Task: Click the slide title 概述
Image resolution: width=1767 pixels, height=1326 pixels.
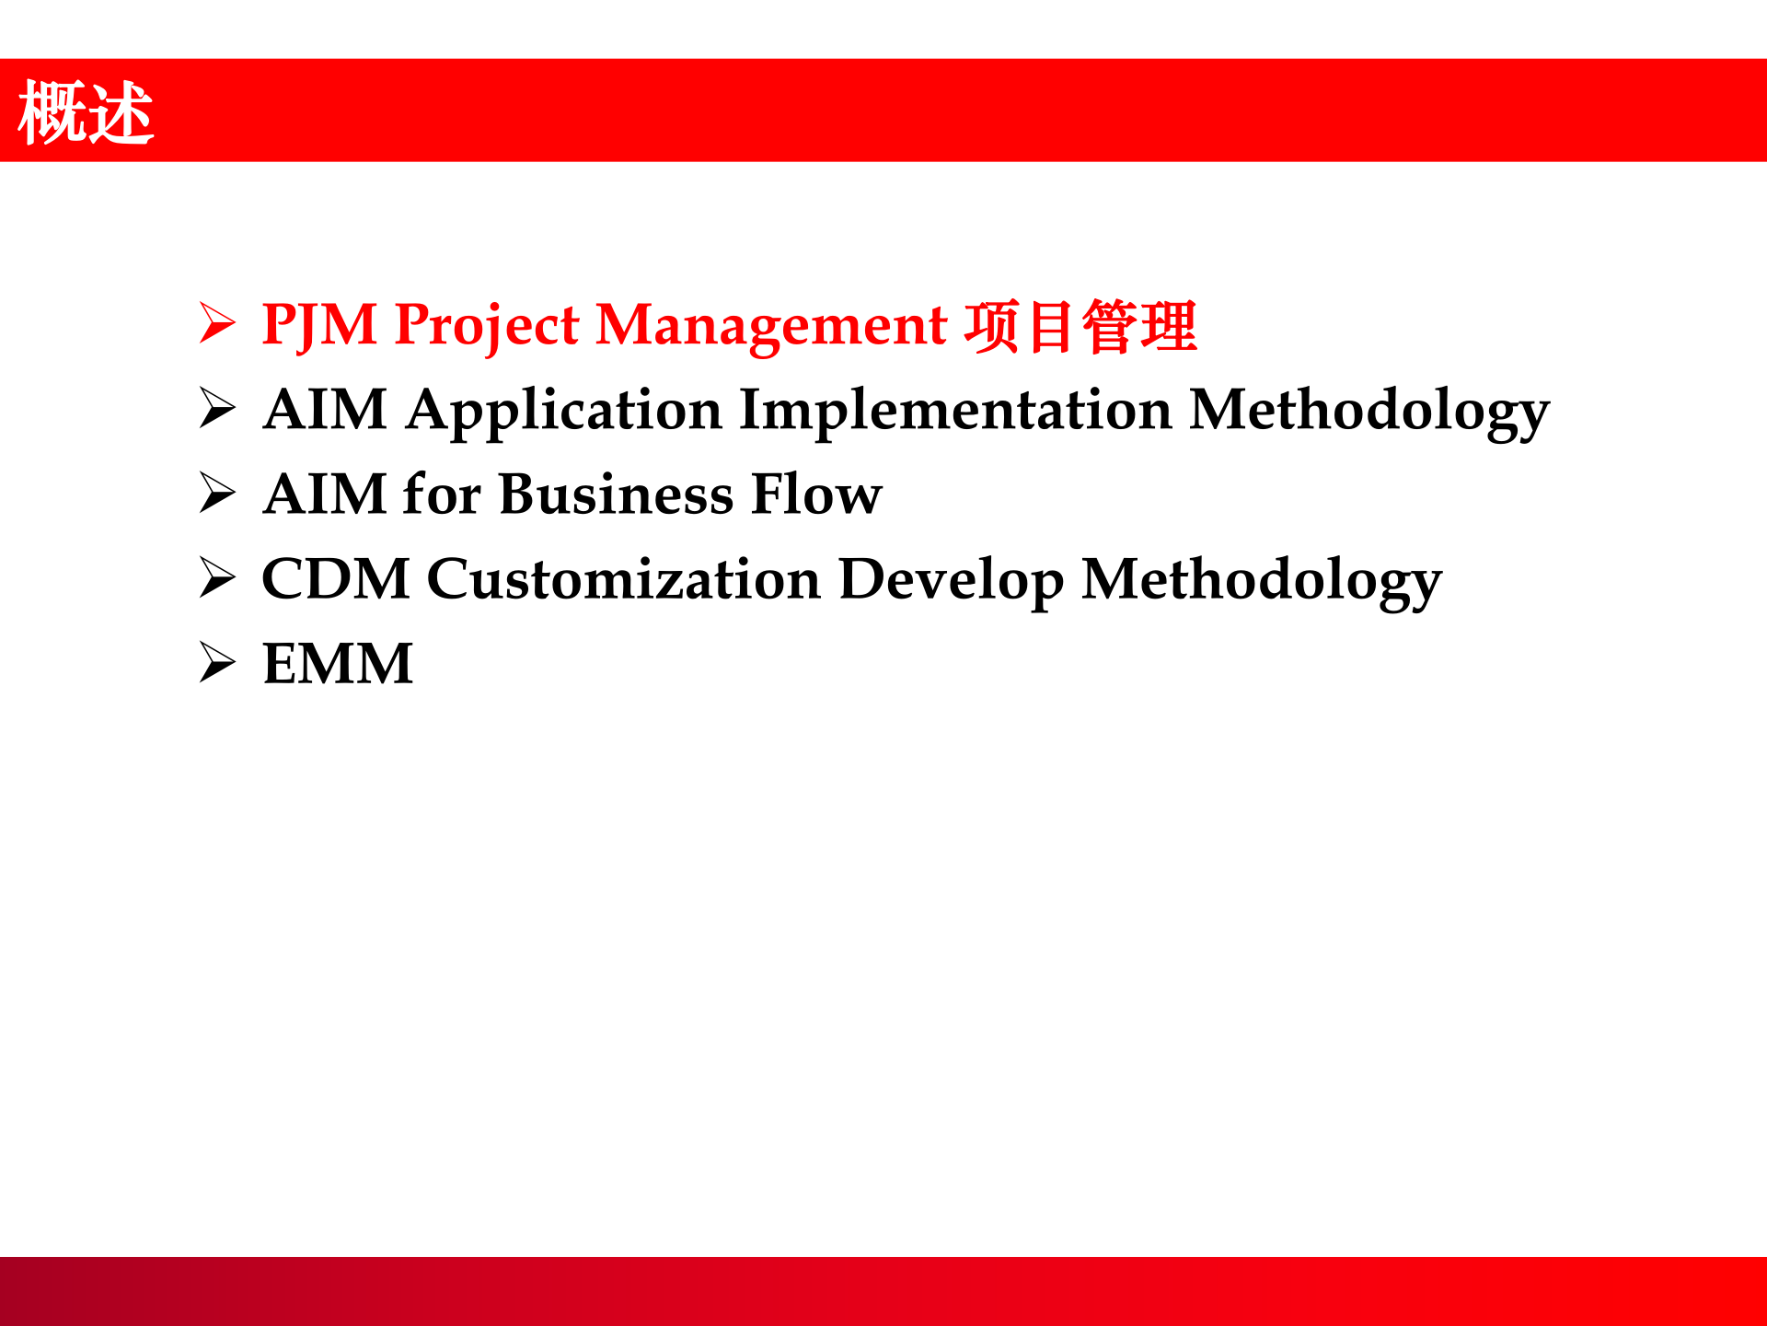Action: (86, 111)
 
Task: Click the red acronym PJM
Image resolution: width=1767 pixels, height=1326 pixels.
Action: (319, 326)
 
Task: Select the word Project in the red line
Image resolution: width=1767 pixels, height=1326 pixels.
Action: (487, 328)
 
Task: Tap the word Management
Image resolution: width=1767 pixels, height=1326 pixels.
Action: (771, 328)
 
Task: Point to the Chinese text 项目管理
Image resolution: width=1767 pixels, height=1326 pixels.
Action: (1080, 326)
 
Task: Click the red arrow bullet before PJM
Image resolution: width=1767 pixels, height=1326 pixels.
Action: (217, 323)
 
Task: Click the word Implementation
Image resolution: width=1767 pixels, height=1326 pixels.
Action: (955, 412)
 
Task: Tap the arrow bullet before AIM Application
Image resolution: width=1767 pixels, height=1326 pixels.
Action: (217, 408)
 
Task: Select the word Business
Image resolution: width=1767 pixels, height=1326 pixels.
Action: (616, 494)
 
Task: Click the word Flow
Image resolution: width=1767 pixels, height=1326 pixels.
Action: (816, 494)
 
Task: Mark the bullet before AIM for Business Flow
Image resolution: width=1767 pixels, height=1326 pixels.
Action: (217, 493)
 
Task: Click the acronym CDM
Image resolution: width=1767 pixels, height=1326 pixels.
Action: (336, 579)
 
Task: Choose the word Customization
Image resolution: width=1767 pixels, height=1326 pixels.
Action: (624, 579)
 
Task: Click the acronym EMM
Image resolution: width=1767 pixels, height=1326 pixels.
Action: (338, 664)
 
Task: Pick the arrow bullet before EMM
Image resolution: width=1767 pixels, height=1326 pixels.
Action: (217, 662)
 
